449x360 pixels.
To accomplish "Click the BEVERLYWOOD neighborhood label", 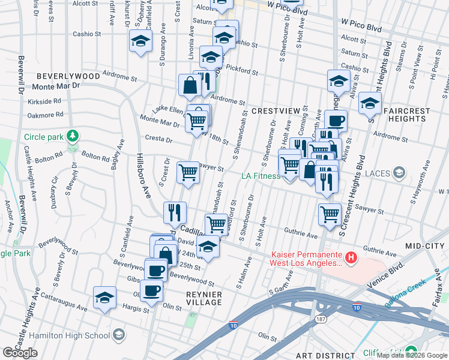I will click(x=67, y=76).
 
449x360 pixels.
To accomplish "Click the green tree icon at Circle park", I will click(x=73, y=136).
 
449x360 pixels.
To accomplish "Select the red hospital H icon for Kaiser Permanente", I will click(x=351, y=259).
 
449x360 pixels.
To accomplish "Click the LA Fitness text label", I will click(x=261, y=176).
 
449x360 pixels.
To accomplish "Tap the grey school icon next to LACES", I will click(x=398, y=173).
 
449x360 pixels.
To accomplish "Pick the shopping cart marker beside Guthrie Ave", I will click(x=330, y=214).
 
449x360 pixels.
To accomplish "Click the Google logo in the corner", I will click(x=20, y=353).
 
